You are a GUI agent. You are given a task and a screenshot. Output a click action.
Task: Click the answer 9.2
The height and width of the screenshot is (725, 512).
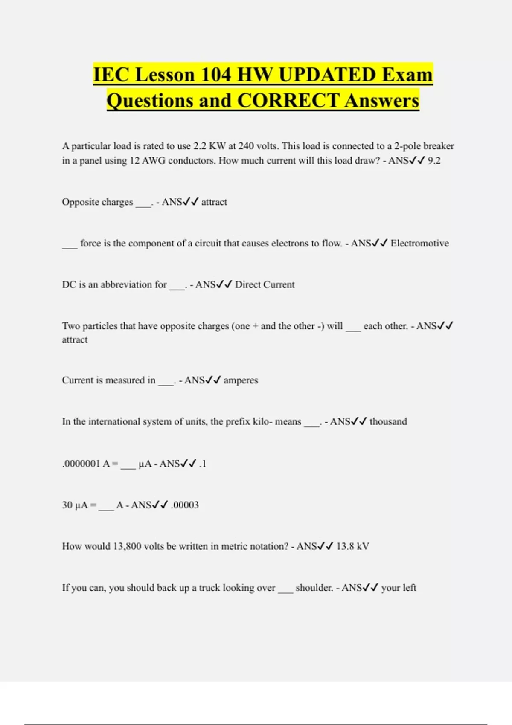pos(434,161)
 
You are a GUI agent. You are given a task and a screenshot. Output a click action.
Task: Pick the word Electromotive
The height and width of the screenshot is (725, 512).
pos(419,243)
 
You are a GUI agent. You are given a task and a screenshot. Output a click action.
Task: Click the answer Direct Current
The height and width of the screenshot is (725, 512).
pos(265,284)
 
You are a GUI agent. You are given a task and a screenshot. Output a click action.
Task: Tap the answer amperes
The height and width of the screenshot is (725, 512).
pos(241,380)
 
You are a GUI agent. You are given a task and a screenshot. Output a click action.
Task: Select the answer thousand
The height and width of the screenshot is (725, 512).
pos(388,421)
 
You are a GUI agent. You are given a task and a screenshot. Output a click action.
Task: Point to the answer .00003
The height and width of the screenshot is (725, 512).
pos(185,505)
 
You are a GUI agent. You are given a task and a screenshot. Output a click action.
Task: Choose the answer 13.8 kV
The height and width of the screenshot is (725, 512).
pos(352,546)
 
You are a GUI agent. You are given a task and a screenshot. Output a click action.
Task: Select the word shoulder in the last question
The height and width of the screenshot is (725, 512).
pos(314,588)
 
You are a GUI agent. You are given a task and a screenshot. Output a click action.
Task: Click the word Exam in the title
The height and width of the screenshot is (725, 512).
pos(407,75)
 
